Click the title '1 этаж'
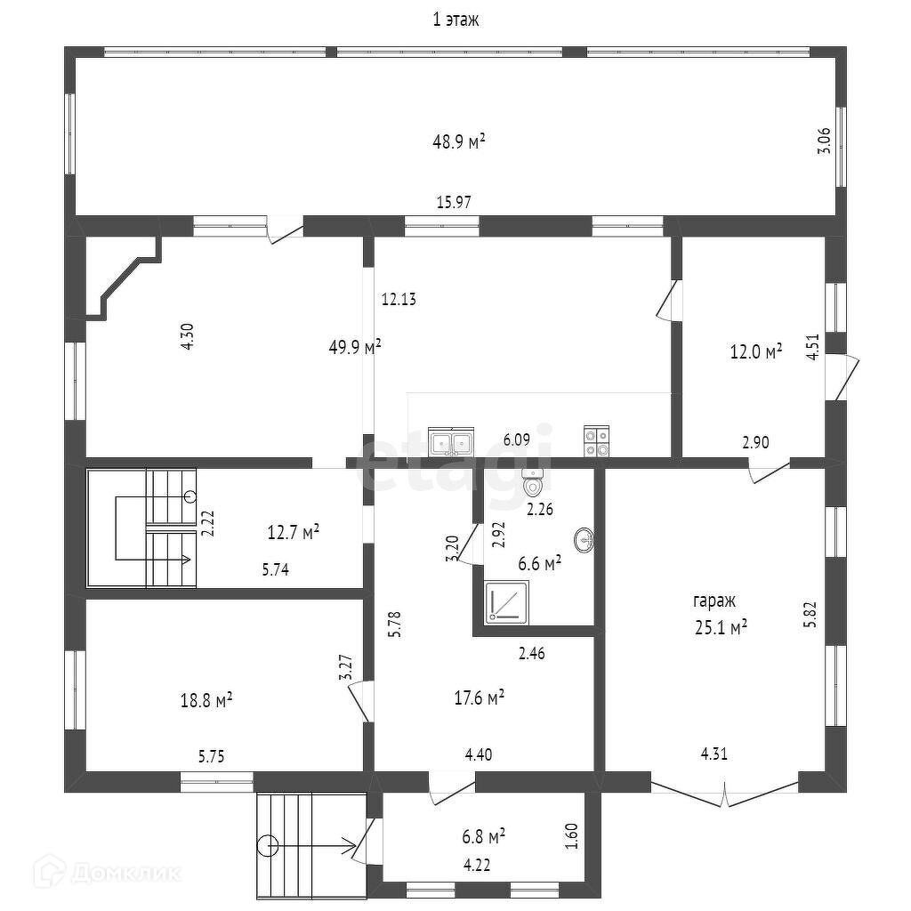455,20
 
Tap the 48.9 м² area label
458,141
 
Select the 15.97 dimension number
453,203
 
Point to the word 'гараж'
716,601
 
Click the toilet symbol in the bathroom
533,485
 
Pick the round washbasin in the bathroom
584,539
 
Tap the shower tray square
507,602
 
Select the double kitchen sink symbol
451,441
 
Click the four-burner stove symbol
596,442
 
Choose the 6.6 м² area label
539,564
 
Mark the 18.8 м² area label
206,701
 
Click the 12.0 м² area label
755,352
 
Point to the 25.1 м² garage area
721,628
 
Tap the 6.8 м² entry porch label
484,836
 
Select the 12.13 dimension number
399,300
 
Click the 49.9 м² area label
355,347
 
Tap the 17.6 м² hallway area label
479,698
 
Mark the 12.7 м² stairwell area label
294,534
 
